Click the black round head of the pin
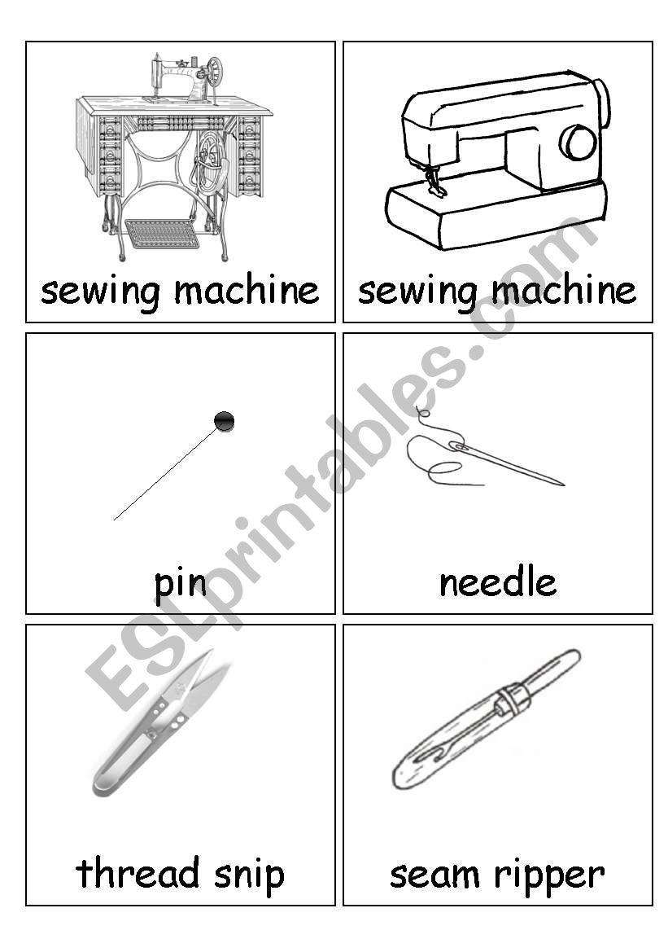coord(225,421)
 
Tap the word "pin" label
coord(180,584)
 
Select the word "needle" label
coord(498,582)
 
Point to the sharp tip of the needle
coord(563,485)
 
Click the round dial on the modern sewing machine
coord(578,142)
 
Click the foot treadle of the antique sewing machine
coord(162,234)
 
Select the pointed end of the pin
coord(115,519)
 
